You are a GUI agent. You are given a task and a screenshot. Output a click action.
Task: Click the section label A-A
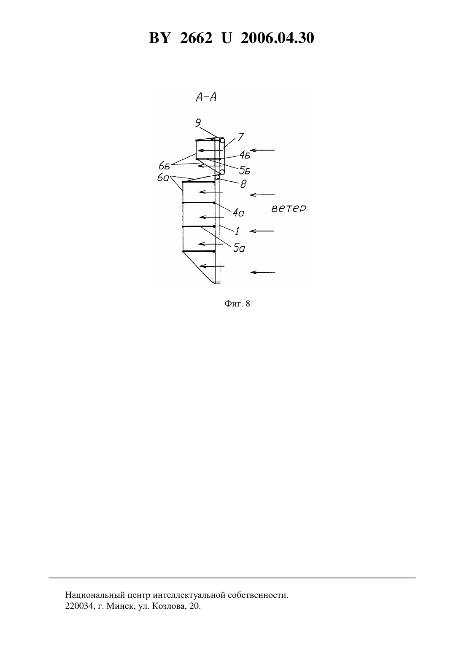[x=206, y=97]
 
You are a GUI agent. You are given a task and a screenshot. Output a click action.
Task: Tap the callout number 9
[x=198, y=123]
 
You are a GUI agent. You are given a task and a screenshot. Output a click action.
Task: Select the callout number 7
[x=240, y=137]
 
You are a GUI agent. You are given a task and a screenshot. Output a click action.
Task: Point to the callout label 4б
[x=245, y=155]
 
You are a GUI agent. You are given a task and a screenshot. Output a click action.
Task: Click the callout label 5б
[x=245, y=170]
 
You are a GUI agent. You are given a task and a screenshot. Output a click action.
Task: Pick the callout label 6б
[x=165, y=166]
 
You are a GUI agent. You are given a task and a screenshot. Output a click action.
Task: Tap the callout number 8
[x=243, y=184]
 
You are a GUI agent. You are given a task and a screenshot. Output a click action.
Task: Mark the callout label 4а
[x=238, y=213]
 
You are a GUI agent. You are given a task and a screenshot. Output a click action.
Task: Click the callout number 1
[x=237, y=231]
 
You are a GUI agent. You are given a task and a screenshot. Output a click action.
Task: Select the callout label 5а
[x=239, y=248]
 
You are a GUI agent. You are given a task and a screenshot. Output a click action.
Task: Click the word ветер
[x=289, y=209]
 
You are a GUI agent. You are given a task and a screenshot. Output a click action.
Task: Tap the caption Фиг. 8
[x=237, y=304]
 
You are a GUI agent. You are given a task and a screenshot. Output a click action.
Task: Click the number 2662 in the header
[x=196, y=38]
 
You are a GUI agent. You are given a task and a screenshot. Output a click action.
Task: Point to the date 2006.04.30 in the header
[x=278, y=38]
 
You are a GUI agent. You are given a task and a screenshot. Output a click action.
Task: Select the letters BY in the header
[x=159, y=38]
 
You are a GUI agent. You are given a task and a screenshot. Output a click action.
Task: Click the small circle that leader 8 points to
[x=217, y=177]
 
